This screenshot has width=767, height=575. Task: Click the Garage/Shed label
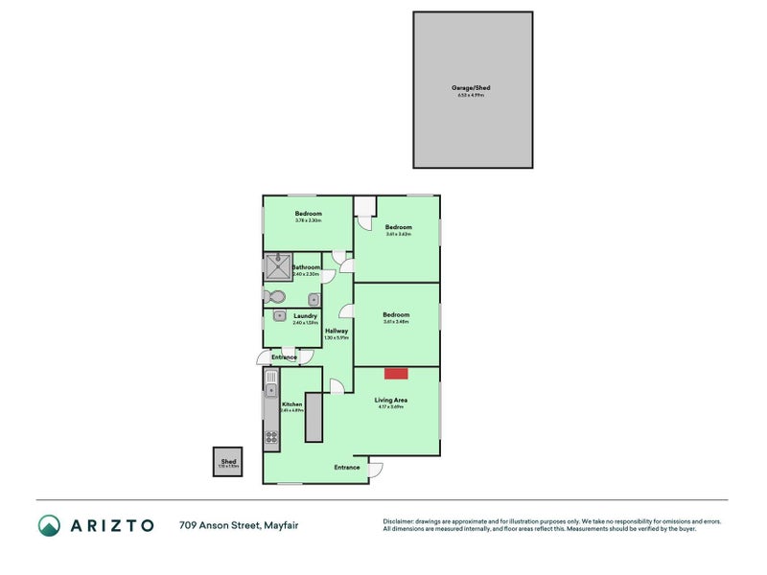click(x=472, y=88)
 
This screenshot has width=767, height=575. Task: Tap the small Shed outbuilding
click(x=228, y=462)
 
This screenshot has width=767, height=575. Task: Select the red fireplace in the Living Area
click(x=396, y=373)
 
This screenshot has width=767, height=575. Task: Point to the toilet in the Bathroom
click(x=275, y=295)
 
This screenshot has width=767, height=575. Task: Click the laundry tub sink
click(x=279, y=315)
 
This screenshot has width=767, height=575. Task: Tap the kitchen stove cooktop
click(x=271, y=438)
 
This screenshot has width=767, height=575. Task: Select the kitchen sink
click(x=271, y=389)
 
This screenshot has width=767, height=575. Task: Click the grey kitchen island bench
click(x=313, y=417)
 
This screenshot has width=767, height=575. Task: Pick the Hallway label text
click(x=336, y=331)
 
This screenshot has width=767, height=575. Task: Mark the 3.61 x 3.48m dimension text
click(x=396, y=322)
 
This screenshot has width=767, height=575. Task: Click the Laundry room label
click(x=305, y=315)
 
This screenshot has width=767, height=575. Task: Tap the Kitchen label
click(x=292, y=404)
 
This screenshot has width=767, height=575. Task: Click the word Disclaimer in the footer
click(x=403, y=520)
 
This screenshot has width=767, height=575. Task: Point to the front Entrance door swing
click(x=374, y=469)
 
